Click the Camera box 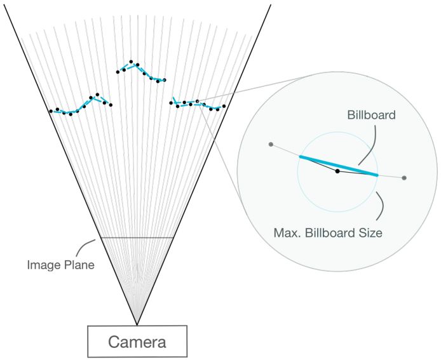[x=137, y=342]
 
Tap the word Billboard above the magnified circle [x=372, y=116]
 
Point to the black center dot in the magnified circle [x=337, y=171]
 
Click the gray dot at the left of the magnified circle [x=271, y=144]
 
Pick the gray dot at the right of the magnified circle [x=404, y=178]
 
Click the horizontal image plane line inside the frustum [x=137, y=237]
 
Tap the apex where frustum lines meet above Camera [x=137, y=324]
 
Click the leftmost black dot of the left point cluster [x=51, y=111]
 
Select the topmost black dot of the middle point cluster [x=131, y=62]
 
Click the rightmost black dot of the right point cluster [x=224, y=106]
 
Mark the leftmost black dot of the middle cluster [x=118, y=72]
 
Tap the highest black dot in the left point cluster [x=97, y=95]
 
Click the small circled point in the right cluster [x=197, y=101]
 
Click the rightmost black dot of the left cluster [x=111, y=105]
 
